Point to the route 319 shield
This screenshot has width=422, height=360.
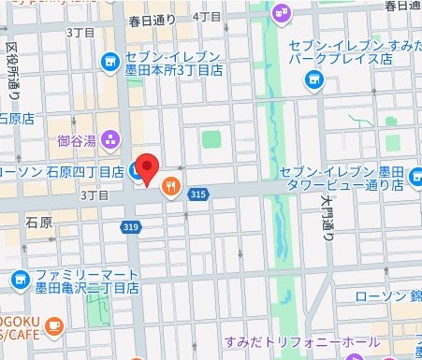(x=131, y=226)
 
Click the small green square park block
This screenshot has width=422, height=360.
(x=212, y=141)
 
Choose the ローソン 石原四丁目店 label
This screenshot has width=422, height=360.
(x=62, y=172)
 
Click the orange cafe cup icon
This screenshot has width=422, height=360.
(x=53, y=326)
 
